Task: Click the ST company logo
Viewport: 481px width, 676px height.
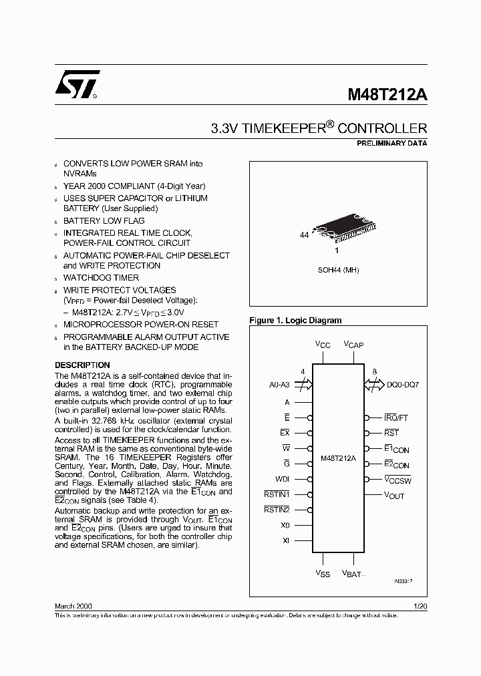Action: point(77,86)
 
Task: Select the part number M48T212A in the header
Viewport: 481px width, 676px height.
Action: point(387,95)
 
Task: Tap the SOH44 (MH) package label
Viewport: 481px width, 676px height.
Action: point(337,270)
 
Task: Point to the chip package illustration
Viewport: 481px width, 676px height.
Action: point(337,231)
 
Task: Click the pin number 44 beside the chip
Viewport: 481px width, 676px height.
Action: point(304,236)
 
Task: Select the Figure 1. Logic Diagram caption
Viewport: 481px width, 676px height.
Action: point(295,321)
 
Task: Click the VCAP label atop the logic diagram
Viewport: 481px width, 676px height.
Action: point(353,344)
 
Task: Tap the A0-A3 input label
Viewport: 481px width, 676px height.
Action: point(280,385)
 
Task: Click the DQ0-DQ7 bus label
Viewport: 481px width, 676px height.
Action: point(403,385)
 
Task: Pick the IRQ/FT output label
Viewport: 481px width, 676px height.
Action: point(395,417)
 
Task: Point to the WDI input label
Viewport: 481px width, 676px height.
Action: point(282,479)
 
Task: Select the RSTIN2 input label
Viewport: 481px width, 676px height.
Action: point(277,510)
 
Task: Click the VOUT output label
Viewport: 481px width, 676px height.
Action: point(394,496)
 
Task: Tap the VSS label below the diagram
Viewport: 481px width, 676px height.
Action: point(323,574)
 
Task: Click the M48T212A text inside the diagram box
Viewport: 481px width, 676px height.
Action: point(338,459)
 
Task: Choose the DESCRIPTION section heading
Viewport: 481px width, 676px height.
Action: point(82,365)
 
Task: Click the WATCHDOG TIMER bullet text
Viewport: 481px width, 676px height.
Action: point(101,277)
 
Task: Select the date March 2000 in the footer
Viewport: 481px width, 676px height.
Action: point(73,605)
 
